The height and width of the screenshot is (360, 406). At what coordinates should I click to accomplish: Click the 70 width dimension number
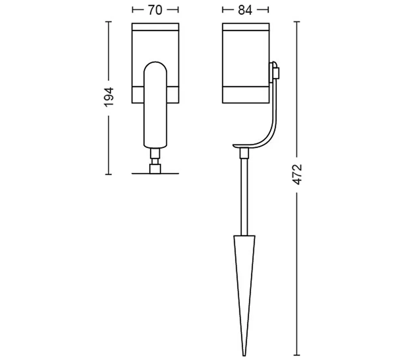(155, 10)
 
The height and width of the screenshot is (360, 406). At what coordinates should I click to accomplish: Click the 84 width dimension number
(245, 10)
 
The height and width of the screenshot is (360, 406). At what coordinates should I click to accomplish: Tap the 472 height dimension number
(297, 174)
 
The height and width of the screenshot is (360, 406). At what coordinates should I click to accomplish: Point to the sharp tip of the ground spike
(244, 356)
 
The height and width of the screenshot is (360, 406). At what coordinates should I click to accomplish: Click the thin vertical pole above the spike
(244, 197)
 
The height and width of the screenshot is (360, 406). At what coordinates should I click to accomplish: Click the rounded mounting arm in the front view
(155, 105)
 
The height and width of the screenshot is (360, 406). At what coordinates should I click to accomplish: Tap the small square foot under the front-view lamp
(155, 169)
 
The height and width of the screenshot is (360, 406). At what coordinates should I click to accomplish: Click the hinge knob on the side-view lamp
(275, 72)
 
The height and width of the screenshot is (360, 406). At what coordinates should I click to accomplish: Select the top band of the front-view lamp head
(155, 27)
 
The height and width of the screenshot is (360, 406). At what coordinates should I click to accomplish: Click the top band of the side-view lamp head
(246, 27)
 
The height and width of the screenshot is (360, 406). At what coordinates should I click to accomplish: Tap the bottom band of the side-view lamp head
(246, 95)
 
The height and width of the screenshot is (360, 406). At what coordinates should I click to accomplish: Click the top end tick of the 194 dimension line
(108, 22)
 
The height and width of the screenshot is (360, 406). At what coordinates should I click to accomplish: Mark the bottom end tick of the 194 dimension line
(108, 174)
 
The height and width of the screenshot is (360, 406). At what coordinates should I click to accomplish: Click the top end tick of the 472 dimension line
(297, 22)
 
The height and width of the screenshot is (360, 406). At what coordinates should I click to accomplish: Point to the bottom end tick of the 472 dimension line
(297, 355)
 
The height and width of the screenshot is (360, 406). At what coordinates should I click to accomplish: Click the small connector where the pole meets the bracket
(244, 153)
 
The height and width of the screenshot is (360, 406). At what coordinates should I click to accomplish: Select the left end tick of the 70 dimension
(133, 10)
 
